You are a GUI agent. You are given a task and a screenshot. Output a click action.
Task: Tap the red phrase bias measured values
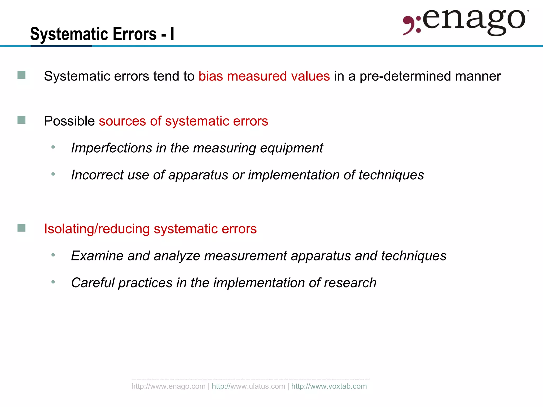(264, 76)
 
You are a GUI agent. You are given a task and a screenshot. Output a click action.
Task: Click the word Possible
(69, 121)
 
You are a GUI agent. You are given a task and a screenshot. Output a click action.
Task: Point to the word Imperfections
(112, 148)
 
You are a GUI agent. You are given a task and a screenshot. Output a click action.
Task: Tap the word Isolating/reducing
(97, 229)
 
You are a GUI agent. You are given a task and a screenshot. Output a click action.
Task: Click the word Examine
(97, 256)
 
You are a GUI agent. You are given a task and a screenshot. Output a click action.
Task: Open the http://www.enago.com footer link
(168, 386)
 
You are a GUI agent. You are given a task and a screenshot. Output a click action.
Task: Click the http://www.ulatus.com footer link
(248, 386)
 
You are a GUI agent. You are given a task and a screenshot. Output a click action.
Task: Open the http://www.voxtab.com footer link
(329, 386)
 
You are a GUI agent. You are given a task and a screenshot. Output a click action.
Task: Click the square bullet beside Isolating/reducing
(21, 228)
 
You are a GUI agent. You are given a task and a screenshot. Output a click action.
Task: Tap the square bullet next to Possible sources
(21, 120)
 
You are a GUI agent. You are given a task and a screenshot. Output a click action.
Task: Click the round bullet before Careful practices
(53, 282)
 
